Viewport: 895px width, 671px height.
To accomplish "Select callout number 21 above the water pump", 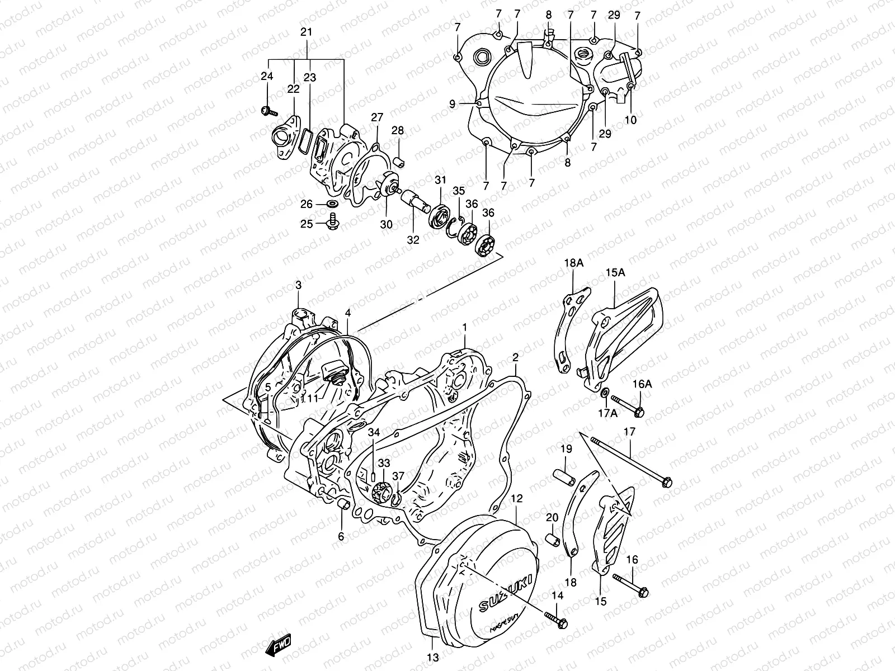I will point(306,32).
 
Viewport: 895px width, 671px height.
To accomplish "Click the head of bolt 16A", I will point(639,412).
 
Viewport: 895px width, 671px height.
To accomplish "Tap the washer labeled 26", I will point(331,202).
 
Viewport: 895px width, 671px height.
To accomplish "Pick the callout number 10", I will point(631,120).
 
